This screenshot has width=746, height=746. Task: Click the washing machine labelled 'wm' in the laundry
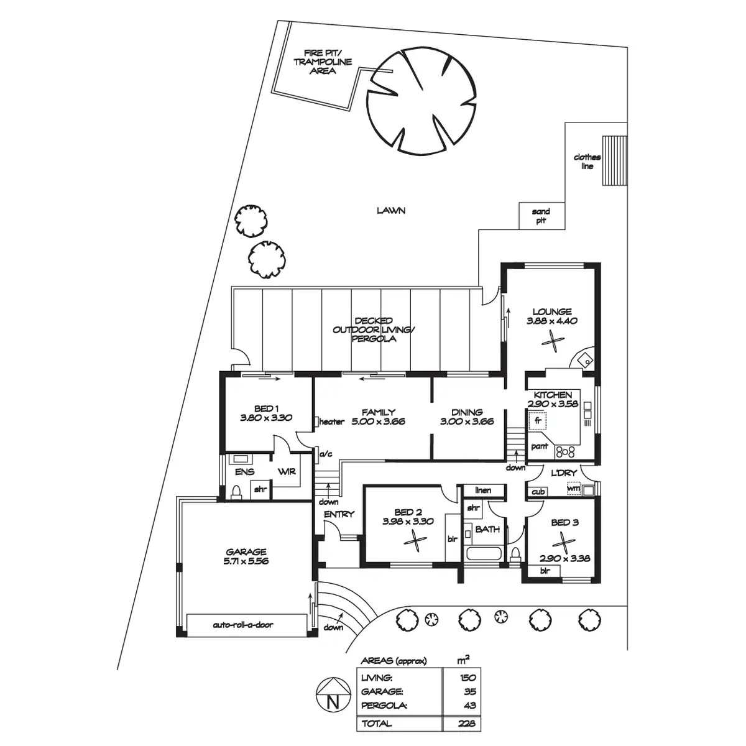click(574, 489)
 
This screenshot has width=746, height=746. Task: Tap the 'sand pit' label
click(541, 216)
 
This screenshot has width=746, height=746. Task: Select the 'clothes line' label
click(587, 162)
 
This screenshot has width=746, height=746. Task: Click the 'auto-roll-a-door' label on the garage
click(242, 625)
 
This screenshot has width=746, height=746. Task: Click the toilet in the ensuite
click(236, 492)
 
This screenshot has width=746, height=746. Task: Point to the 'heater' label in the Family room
click(331, 422)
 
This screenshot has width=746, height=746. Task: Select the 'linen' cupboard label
click(483, 490)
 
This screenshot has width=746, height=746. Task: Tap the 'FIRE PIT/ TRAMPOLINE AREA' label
click(323, 62)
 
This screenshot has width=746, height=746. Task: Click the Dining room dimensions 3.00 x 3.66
click(467, 421)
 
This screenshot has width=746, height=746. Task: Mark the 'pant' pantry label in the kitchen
click(538, 446)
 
